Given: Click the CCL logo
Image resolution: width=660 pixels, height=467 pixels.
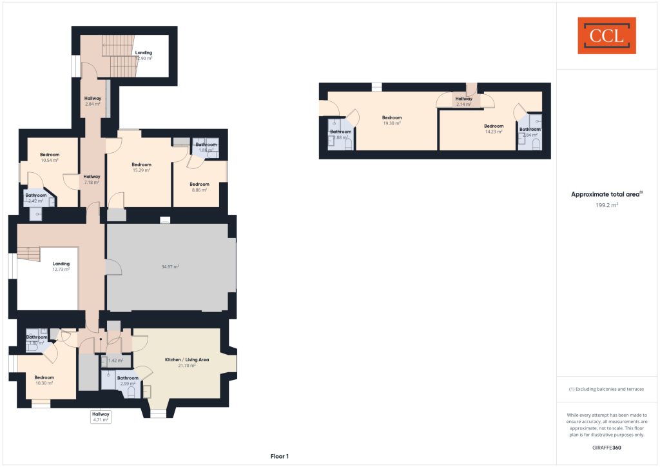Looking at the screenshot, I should (606, 35).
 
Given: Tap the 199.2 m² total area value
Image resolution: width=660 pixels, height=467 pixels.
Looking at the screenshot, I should (605, 205).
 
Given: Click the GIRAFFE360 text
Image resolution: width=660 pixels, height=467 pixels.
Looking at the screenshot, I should (606, 447).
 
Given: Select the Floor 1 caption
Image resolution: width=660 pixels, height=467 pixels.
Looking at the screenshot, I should (280, 456).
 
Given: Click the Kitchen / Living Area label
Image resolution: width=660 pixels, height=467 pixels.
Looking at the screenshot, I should (187, 362).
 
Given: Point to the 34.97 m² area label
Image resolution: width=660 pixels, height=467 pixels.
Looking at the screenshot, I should (170, 266).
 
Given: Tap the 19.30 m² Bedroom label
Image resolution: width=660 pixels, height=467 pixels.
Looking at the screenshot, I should (392, 120).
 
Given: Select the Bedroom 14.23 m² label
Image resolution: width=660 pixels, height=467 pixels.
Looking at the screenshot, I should (494, 128).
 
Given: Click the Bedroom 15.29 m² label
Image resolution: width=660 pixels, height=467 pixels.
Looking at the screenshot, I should (141, 167).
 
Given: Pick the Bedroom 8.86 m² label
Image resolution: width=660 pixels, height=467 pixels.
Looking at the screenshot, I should (199, 187).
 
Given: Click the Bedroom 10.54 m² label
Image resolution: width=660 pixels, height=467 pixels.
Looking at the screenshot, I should (50, 157).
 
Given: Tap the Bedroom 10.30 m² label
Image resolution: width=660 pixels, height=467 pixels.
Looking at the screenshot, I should (44, 380).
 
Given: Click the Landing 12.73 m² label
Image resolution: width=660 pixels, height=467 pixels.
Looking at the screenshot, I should (61, 266).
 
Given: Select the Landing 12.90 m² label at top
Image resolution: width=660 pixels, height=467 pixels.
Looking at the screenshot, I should (143, 55).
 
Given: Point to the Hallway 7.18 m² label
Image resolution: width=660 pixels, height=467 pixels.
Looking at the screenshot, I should (92, 179).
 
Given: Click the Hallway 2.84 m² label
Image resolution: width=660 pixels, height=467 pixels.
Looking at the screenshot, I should (93, 101).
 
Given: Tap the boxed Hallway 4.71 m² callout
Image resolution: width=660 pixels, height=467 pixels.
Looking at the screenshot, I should (101, 416).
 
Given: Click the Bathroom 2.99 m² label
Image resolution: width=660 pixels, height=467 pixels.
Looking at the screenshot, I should (128, 381).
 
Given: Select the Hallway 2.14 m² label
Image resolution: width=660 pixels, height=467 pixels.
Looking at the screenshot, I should (464, 101).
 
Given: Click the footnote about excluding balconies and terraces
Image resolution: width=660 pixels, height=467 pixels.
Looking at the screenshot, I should (605, 389).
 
